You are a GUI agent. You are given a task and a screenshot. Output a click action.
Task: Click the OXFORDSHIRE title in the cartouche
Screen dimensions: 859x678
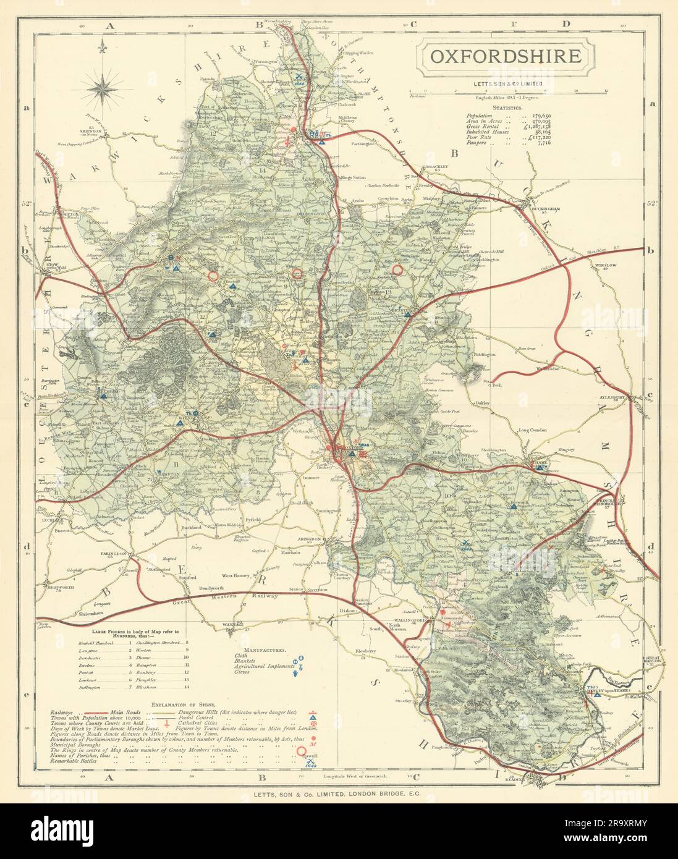[x=505, y=56]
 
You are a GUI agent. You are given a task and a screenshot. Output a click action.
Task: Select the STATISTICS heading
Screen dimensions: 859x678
[x=502, y=107]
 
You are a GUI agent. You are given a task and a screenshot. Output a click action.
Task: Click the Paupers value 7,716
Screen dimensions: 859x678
[x=541, y=143]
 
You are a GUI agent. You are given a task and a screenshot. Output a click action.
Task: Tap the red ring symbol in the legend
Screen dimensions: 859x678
[x=303, y=751]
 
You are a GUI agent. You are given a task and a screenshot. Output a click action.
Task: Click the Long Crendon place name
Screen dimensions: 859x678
[x=533, y=429]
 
